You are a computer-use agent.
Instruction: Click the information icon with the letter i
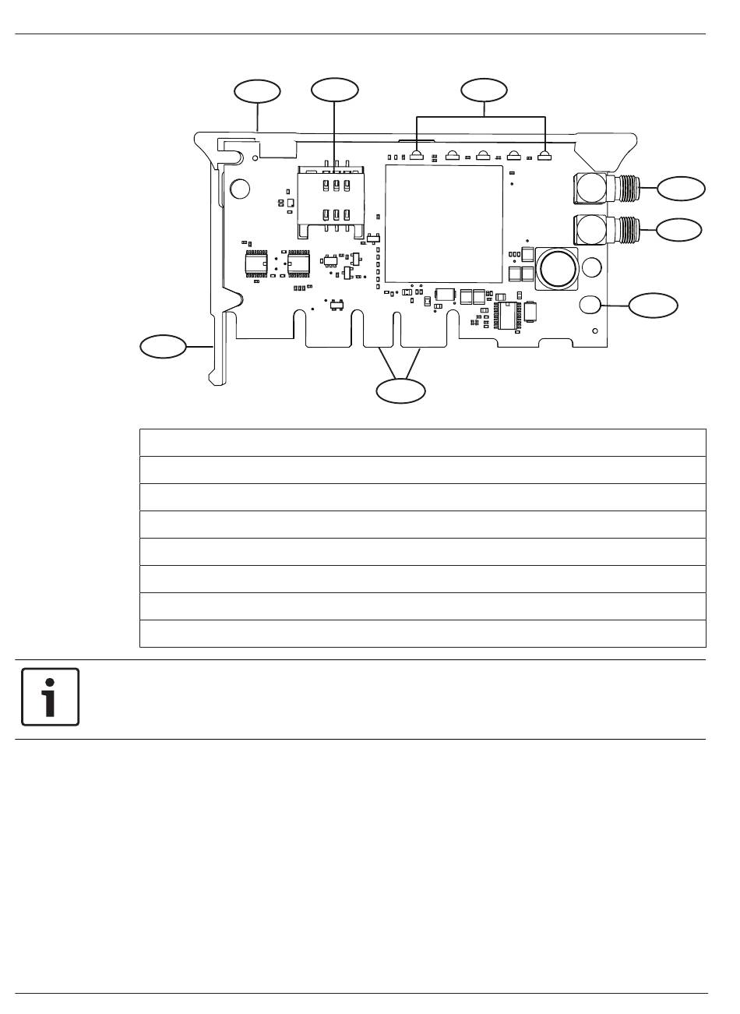[x=50, y=697]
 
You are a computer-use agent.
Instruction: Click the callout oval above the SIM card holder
[x=334, y=90]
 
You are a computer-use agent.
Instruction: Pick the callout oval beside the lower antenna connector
[x=678, y=229]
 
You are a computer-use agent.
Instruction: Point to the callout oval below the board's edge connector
[x=401, y=390]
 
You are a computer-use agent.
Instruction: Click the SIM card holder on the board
[x=331, y=200]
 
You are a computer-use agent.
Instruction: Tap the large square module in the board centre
[x=443, y=224]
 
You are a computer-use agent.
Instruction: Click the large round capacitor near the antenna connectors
[x=557, y=267]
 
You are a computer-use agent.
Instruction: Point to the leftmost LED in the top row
[x=418, y=155]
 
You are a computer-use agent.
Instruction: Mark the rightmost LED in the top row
[x=544, y=155]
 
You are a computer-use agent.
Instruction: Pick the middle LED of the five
[x=482, y=155]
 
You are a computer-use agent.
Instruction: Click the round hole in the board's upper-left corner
[x=241, y=189]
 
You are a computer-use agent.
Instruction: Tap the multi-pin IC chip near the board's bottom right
[x=506, y=315]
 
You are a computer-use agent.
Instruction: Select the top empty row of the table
[x=422, y=442]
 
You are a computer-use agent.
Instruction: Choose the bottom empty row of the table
[x=422, y=634]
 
